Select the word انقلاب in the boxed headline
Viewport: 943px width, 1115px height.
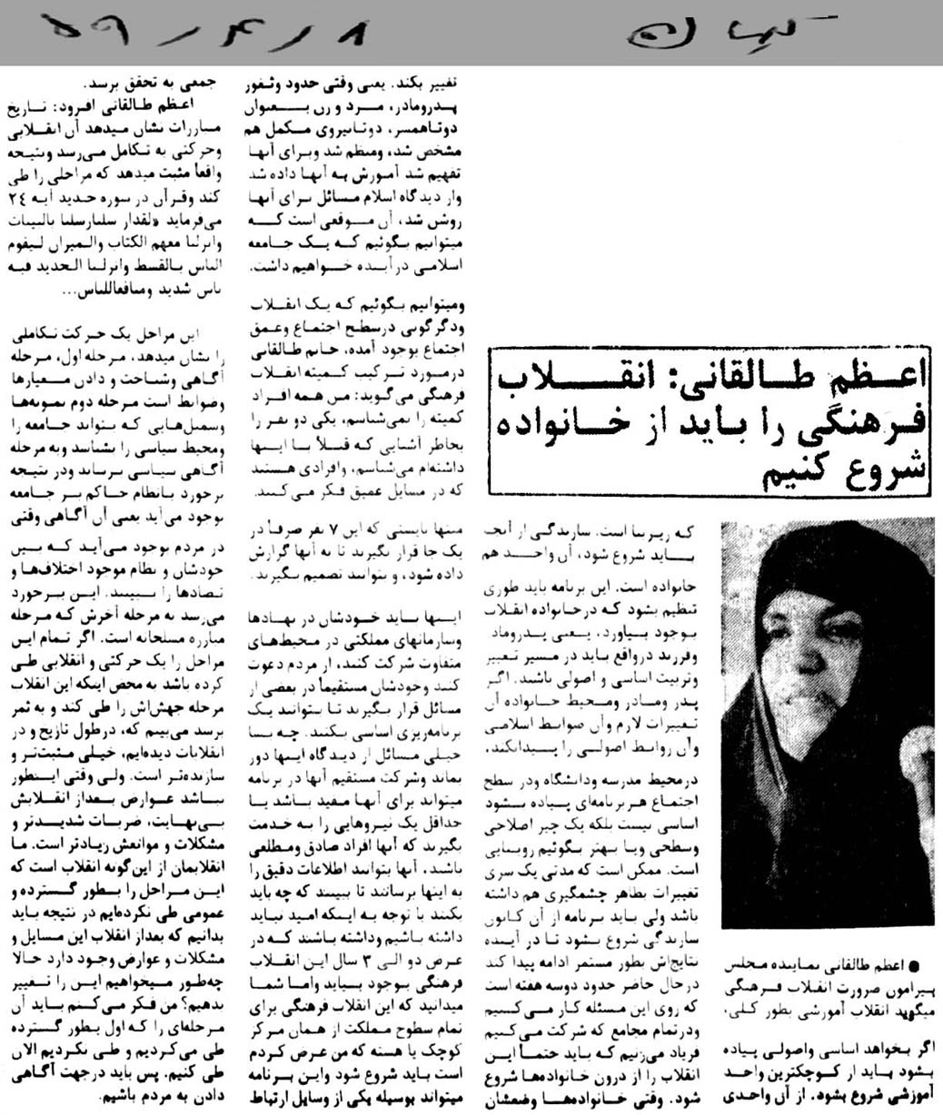point(565,375)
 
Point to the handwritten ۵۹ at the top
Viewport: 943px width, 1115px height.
point(82,36)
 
